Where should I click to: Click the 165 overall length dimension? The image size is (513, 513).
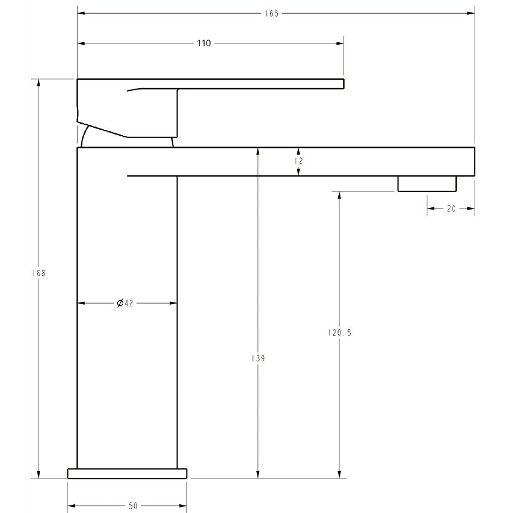tap(272, 13)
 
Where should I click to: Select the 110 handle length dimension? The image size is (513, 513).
tap(204, 43)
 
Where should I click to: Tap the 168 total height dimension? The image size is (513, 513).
tap(38, 273)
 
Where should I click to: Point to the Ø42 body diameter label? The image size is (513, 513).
tap(125, 303)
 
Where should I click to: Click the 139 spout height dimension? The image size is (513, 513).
tap(258, 358)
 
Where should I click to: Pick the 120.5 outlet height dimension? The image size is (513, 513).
tap(339, 333)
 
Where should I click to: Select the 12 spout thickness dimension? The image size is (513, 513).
tap(299, 161)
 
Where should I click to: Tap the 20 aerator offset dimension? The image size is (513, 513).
tap(451, 208)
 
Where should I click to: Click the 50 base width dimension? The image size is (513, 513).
tap(133, 506)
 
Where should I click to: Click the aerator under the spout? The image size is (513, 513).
tap(427, 184)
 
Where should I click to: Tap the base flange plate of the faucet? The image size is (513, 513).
tap(127, 473)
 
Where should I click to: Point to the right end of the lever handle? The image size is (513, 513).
tap(342, 83)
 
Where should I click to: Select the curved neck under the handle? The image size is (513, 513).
tap(85, 137)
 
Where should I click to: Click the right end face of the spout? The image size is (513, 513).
tap(473, 162)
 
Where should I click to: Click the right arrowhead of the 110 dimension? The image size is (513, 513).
tap(340, 43)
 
